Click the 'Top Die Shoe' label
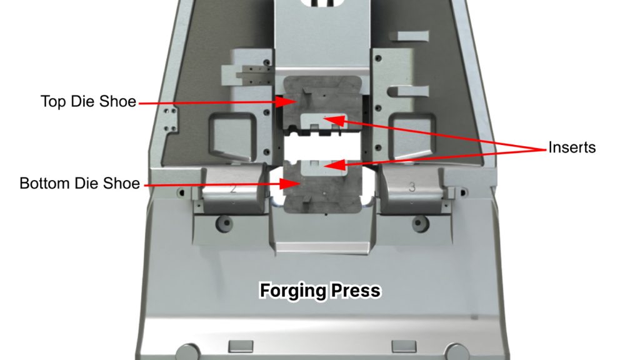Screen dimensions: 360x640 pos(88,101)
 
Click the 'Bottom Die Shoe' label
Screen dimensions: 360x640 pos(79,184)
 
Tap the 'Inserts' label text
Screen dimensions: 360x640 pos(572,148)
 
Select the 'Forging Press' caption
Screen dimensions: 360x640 pos(320,291)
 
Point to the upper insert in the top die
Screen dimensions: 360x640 pos(322,120)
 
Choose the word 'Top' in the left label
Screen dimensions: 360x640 pos(52,101)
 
